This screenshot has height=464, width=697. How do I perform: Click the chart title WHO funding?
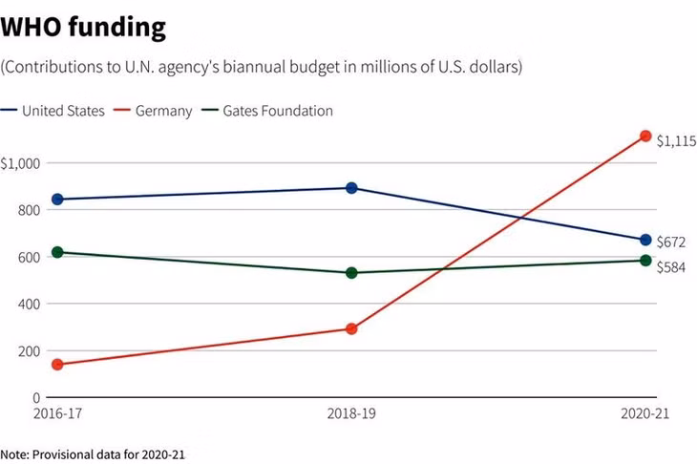(x=83, y=27)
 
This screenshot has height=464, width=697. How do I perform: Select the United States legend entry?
(x=53, y=111)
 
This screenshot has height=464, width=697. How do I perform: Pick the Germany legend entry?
(x=153, y=111)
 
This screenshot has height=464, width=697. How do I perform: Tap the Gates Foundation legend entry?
(x=267, y=111)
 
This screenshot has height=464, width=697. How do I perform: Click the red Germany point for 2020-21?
(x=645, y=136)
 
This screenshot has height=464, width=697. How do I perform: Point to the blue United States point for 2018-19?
(x=351, y=188)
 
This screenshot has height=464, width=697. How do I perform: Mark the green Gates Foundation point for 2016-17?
(x=57, y=252)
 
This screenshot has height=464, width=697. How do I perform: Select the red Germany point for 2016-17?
(x=57, y=365)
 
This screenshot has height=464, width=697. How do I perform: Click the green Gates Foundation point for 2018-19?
(x=351, y=273)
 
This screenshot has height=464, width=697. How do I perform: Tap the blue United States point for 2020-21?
(x=645, y=240)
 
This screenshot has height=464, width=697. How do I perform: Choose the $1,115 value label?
(x=677, y=141)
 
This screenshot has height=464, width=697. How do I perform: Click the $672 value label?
(x=671, y=242)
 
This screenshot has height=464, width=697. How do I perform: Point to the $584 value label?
(x=671, y=267)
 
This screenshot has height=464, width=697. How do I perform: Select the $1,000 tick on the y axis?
(x=20, y=164)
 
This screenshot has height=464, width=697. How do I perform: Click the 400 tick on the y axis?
(x=29, y=304)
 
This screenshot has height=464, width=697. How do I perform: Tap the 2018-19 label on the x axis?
(x=351, y=413)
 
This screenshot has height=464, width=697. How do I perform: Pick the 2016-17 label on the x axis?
(x=58, y=413)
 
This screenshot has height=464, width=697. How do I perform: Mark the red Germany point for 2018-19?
(x=351, y=328)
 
